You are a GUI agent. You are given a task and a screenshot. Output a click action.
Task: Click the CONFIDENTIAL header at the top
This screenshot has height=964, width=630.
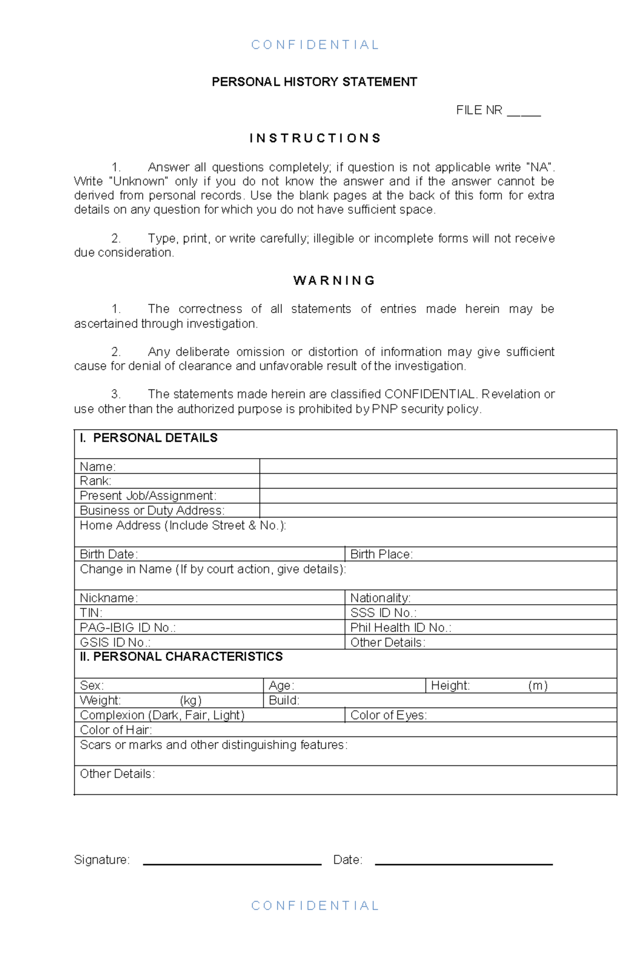[x=314, y=45]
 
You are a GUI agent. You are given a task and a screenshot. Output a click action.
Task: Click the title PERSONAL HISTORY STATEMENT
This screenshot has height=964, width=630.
[x=314, y=82]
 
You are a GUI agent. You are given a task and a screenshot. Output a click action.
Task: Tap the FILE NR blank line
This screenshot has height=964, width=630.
[x=523, y=112]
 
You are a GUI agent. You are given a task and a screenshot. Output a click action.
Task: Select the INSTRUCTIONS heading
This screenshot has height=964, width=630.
[x=315, y=138]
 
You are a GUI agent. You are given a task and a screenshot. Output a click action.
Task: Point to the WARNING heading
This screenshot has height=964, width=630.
[x=334, y=281]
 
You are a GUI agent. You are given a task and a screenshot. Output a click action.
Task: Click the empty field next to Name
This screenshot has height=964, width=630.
[x=437, y=467]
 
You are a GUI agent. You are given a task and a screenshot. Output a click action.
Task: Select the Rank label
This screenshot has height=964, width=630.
[x=95, y=481]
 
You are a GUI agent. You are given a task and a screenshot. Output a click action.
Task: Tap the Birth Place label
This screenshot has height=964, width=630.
[x=381, y=554]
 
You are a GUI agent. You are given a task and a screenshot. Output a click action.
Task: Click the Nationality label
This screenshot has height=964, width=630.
[x=380, y=598]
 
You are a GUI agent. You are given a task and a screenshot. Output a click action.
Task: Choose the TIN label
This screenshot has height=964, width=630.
[x=91, y=613]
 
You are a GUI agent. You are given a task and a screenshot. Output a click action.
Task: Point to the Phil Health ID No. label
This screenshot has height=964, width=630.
[x=401, y=628]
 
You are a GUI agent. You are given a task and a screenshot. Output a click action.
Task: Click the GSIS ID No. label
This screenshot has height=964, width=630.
[x=115, y=642]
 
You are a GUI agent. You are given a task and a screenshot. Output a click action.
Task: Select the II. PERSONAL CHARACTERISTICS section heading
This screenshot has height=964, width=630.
[x=181, y=657]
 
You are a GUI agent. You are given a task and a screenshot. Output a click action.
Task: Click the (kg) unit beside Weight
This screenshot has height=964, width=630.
[x=191, y=701]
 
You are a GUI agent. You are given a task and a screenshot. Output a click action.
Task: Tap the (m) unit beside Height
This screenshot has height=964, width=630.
[x=538, y=686]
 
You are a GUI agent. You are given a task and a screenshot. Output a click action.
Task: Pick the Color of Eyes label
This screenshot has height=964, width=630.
[x=388, y=716]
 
